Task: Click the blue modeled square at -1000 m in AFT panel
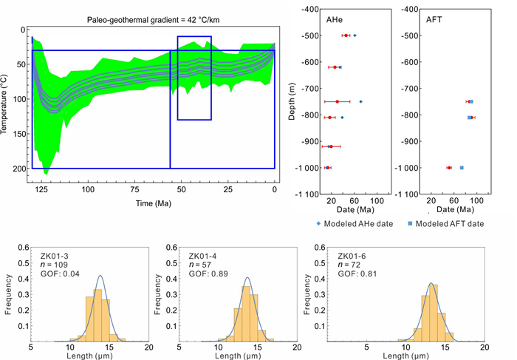pyautogui.click(x=462, y=168)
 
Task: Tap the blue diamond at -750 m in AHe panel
pyautogui.click(x=360, y=101)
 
